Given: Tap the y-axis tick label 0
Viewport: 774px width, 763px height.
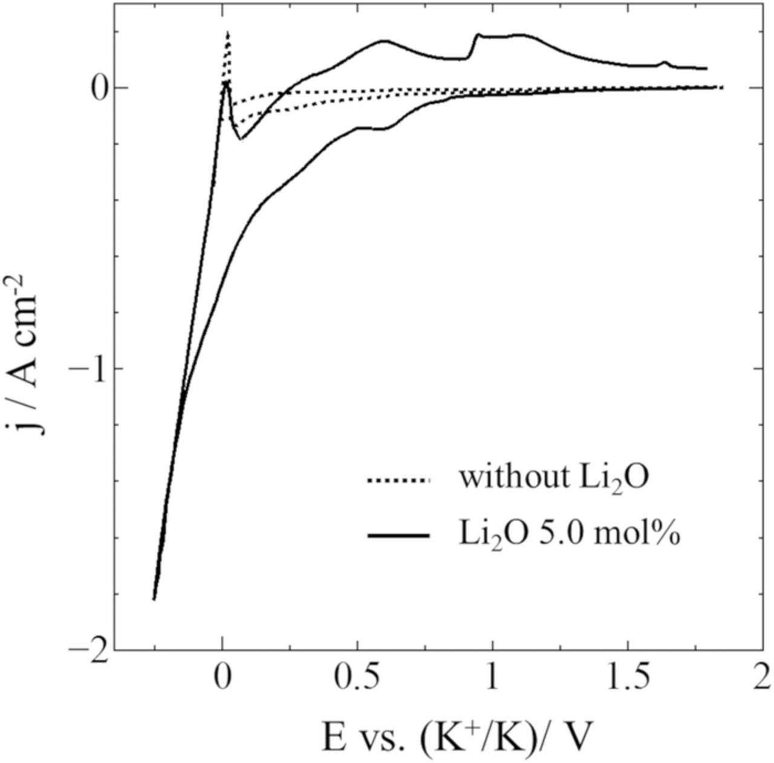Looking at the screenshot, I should [99, 88].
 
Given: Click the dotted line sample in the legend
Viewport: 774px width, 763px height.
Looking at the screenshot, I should [398, 481].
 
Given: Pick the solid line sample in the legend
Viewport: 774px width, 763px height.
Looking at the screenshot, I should [398, 536].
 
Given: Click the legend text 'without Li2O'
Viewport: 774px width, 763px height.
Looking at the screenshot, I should [553, 478].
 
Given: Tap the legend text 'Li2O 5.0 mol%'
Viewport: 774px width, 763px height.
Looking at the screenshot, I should [568, 534].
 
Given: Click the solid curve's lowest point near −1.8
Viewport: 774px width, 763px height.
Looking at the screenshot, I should [154, 599].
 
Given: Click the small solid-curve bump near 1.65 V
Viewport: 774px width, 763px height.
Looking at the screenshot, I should [665, 62].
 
